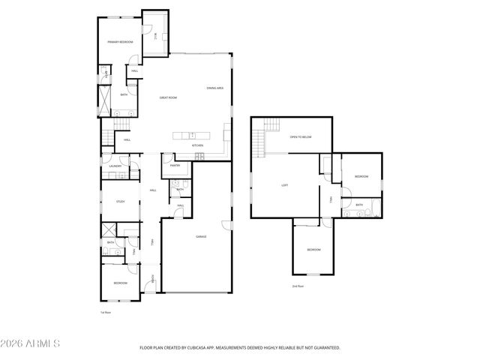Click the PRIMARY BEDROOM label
(x=120, y=42)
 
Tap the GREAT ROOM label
(x=167, y=97)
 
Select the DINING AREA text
(x=215, y=88)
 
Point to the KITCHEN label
(x=197, y=145)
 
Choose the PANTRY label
(x=175, y=165)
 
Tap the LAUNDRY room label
(x=115, y=166)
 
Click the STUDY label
(x=120, y=202)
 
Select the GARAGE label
(x=202, y=236)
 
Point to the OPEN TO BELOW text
(x=300, y=137)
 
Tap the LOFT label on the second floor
(x=285, y=185)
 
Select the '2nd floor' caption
(x=298, y=286)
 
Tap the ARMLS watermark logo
(x=31, y=343)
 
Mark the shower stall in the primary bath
(x=104, y=97)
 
